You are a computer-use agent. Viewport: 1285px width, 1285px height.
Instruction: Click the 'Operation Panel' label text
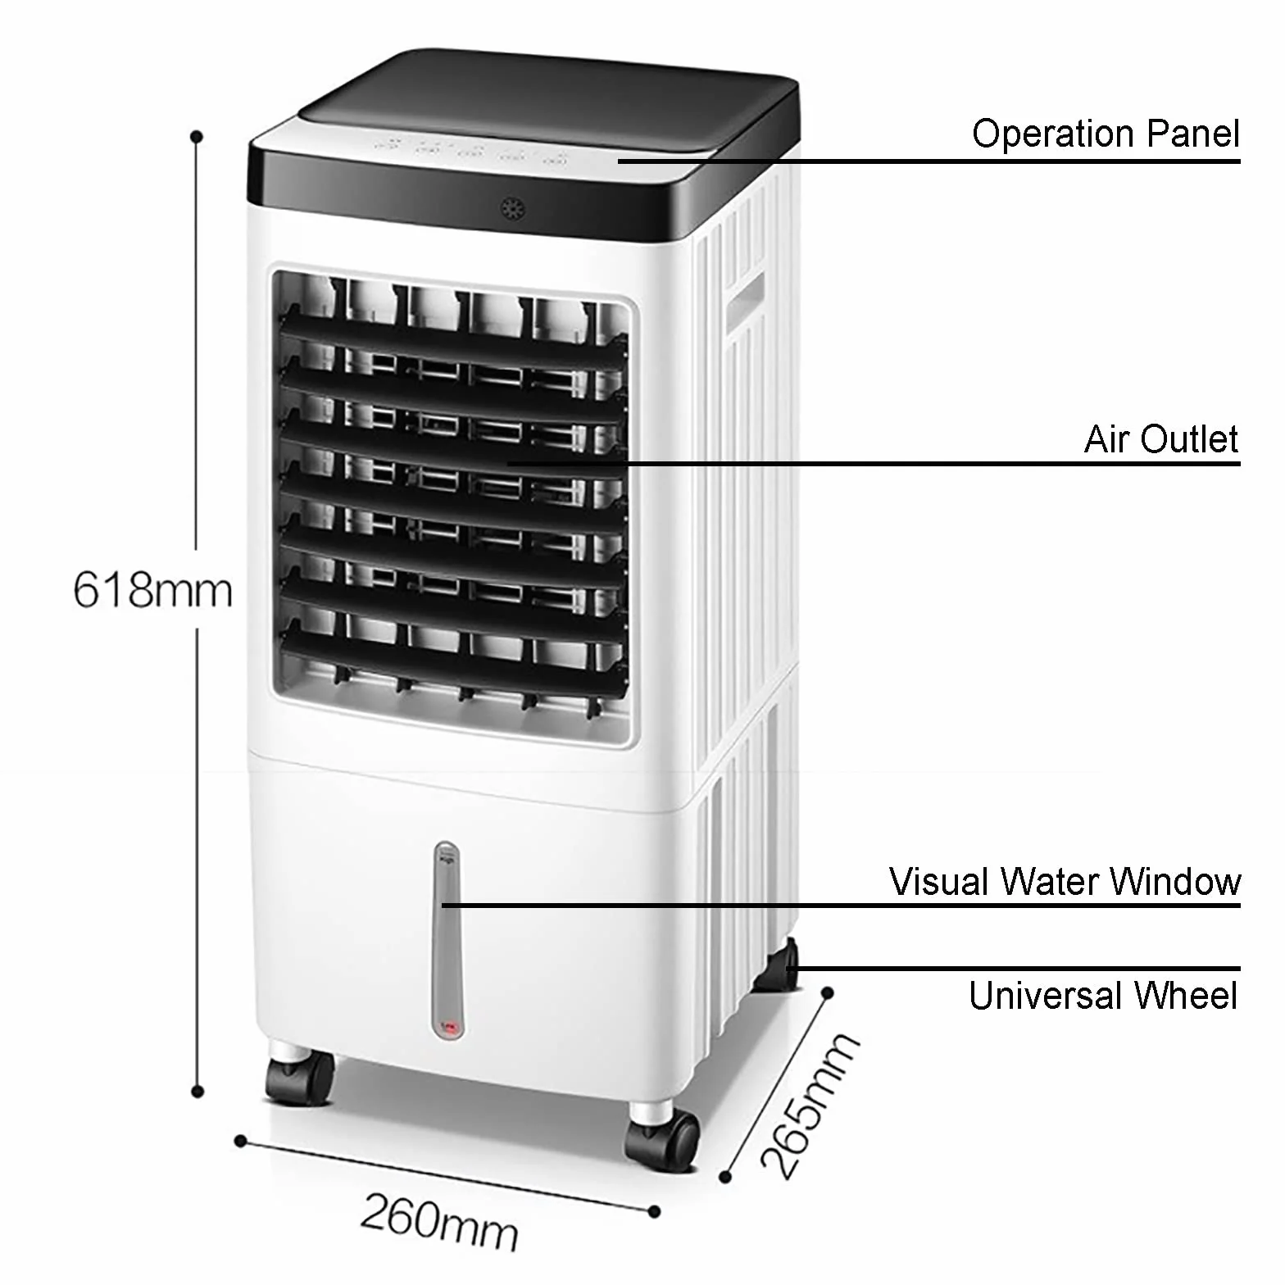[1106, 134]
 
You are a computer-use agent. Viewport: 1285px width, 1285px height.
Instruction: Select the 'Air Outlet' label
[1161, 439]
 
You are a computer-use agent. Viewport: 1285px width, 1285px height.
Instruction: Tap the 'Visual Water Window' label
[1065, 882]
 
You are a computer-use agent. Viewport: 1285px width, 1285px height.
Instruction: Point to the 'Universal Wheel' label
[1103, 996]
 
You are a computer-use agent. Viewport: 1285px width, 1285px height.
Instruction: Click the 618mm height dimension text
[153, 589]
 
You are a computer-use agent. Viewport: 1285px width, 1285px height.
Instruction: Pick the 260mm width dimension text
[439, 1222]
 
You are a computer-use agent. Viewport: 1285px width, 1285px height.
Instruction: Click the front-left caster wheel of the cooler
[300, 1074]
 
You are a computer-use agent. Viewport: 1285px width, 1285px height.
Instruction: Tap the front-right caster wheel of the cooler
[662, 1138]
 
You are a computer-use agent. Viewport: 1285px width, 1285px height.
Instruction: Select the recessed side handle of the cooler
[744, 303]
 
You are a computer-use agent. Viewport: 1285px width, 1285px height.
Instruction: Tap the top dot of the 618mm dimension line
[197, 136]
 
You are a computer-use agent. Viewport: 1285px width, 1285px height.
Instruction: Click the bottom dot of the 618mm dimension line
[197, 1091]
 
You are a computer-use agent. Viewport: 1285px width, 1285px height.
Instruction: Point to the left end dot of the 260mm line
[240, 1141]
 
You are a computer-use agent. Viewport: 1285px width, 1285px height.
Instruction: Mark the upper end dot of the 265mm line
[828, 993]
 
